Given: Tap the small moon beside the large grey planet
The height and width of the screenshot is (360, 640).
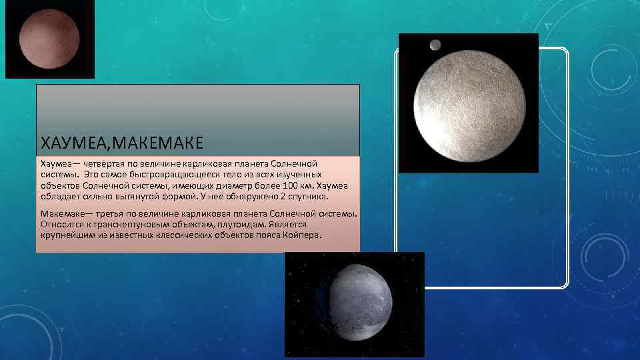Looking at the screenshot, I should point(435,45).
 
